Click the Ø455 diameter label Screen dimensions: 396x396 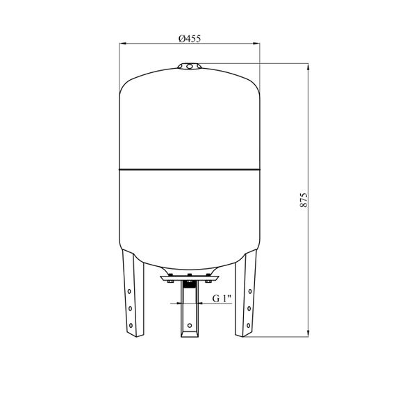(190, 38)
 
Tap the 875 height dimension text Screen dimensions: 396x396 (304, 200)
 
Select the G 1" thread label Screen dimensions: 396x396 (222, 299)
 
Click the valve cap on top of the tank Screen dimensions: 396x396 (190, 66)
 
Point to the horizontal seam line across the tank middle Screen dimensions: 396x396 (190, 169)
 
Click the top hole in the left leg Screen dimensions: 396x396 (129, 291)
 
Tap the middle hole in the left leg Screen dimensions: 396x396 (130, 308)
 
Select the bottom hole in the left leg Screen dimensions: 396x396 (131, 326)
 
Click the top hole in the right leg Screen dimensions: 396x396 (250, 291)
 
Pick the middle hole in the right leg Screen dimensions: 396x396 (249, 308)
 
